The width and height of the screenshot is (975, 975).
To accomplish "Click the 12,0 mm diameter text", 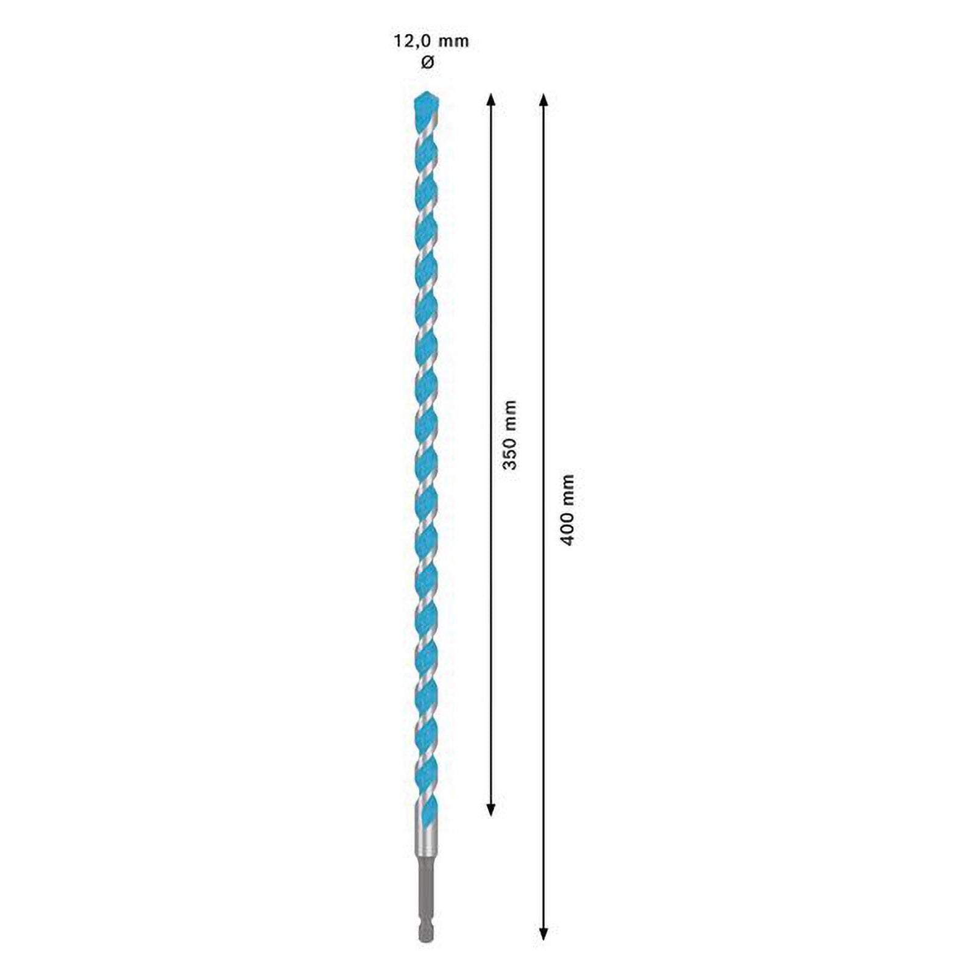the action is click(x=430, y=41).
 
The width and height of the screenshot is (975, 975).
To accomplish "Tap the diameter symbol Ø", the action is click(x=428, y=62).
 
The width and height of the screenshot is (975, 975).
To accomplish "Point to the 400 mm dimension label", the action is click(x=567, y=509).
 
